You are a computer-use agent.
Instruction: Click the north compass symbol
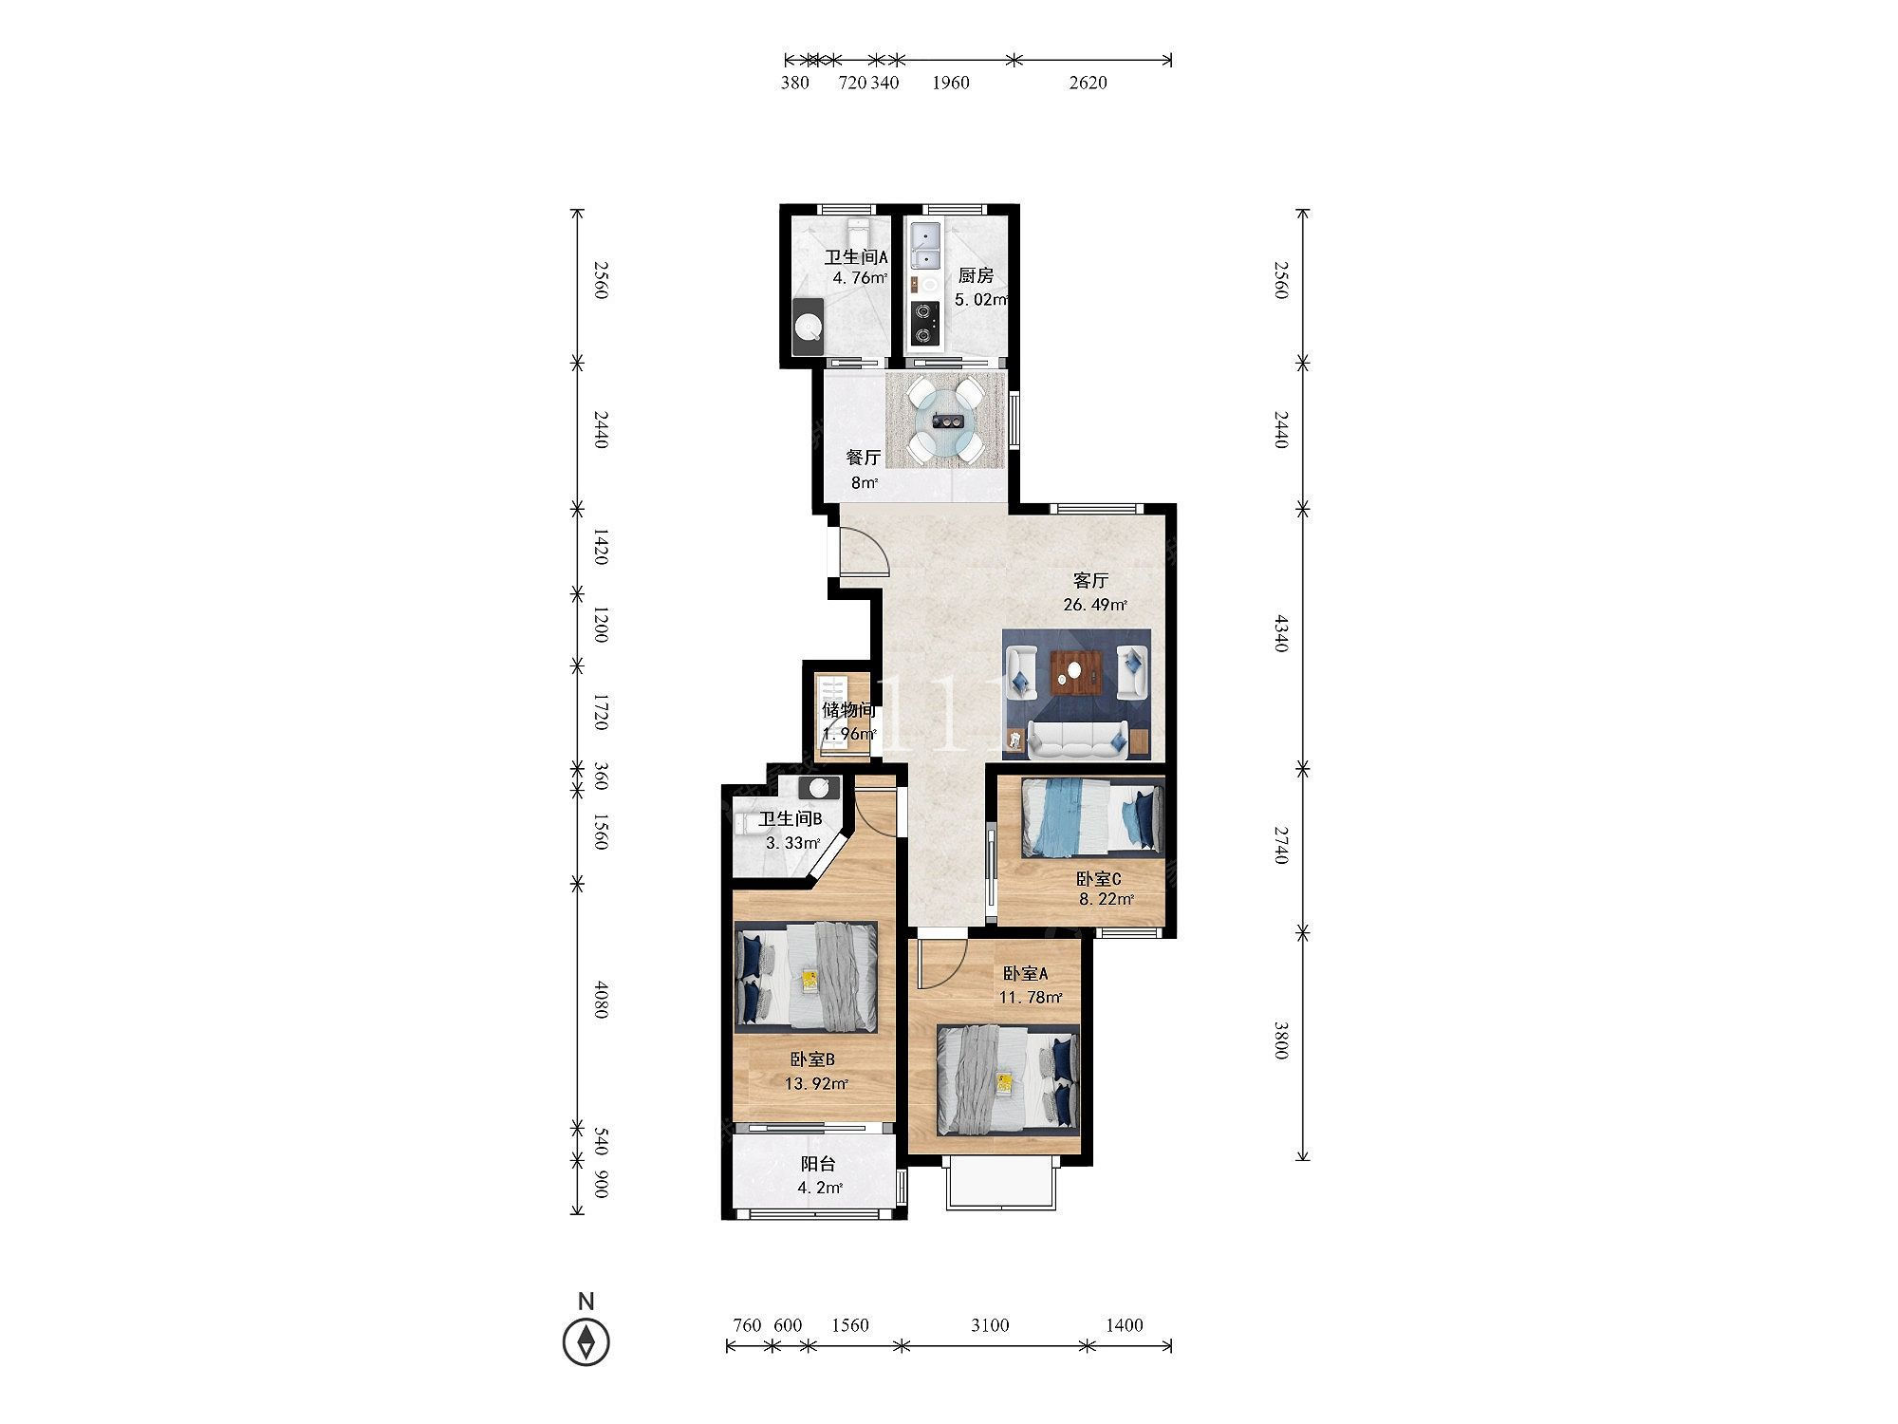click(x=586, y=1342)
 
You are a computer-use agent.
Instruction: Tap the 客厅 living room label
click(x=1090, y=580)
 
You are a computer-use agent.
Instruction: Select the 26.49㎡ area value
click(x=1095, y=605)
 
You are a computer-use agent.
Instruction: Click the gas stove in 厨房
click(x=924, y=323)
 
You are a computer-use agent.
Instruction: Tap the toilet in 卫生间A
click(x=194, y=234)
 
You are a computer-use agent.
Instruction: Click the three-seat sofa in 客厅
click(x=1077, y=740)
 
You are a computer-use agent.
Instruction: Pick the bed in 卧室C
click(x=1091, y=816)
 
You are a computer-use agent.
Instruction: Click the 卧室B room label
click(x=812, y=1059)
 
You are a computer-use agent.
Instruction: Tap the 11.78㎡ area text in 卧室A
click(x=1030, y=997)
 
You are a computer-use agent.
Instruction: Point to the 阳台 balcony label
click(x=817, y=1164)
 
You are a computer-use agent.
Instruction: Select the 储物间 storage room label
click(x=847, y=710)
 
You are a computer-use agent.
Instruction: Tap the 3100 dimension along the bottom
click(x=990, y=1324)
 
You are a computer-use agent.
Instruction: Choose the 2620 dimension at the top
click(x=1088, y=83)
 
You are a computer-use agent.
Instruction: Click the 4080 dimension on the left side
click(x=600, y=1001)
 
